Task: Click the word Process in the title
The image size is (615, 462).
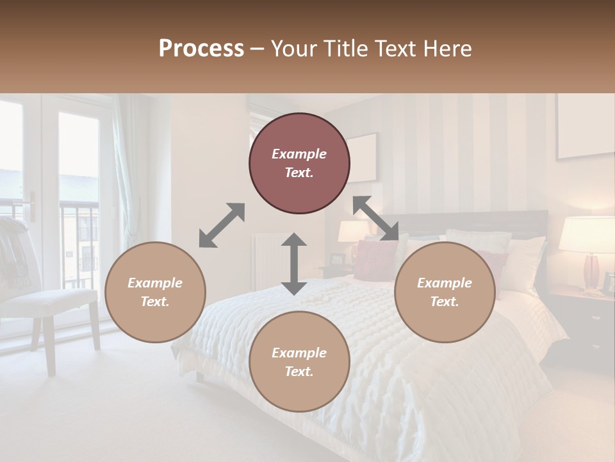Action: tap(201, 49)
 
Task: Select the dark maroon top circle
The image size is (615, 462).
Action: tap(299, 163)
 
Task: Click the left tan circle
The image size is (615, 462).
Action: tap(155, 292)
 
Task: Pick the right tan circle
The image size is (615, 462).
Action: tap(445, 292)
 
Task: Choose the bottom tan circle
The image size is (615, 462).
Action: tap(299, 362)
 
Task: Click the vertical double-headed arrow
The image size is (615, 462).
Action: tap(294, 264)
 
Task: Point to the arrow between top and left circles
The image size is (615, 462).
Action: tap(222, 225)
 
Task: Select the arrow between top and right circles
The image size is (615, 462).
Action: tap(376, 218)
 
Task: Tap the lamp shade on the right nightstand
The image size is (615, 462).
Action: tap(586, 234)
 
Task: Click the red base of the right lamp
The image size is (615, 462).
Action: tap(591, 271)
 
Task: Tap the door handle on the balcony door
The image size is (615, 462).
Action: tap(33, 206)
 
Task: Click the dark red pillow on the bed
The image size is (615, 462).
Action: tap(375, 260)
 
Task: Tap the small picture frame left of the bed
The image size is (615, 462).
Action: tap(337, 259)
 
